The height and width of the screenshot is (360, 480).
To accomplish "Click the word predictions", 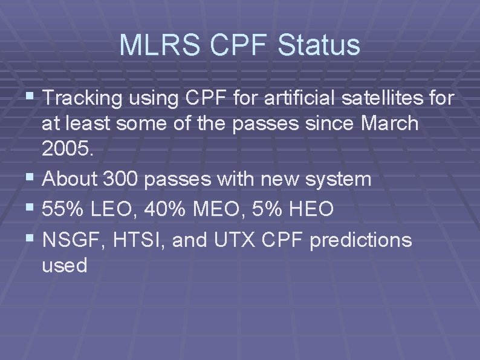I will click(360, 240).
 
